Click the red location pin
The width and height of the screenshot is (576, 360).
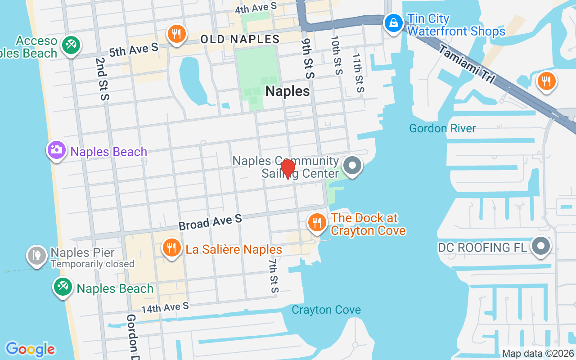[x=288, y=169]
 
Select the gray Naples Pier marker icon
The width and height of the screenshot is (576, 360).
[x=36, y=256]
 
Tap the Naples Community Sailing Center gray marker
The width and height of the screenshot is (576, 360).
[x=352, y=166]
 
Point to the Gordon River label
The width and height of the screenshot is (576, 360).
[x=442, y=129]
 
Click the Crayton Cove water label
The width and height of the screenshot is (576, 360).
[x=326, y=310]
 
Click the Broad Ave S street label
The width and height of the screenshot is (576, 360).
[x=210, y=222]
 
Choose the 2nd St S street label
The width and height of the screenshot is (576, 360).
[x=102, y=78]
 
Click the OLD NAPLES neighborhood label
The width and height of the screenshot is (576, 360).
[x=240, y=39]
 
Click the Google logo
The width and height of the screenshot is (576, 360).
[x=30, y=349]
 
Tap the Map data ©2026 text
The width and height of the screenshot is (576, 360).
[x=537, y=354]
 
